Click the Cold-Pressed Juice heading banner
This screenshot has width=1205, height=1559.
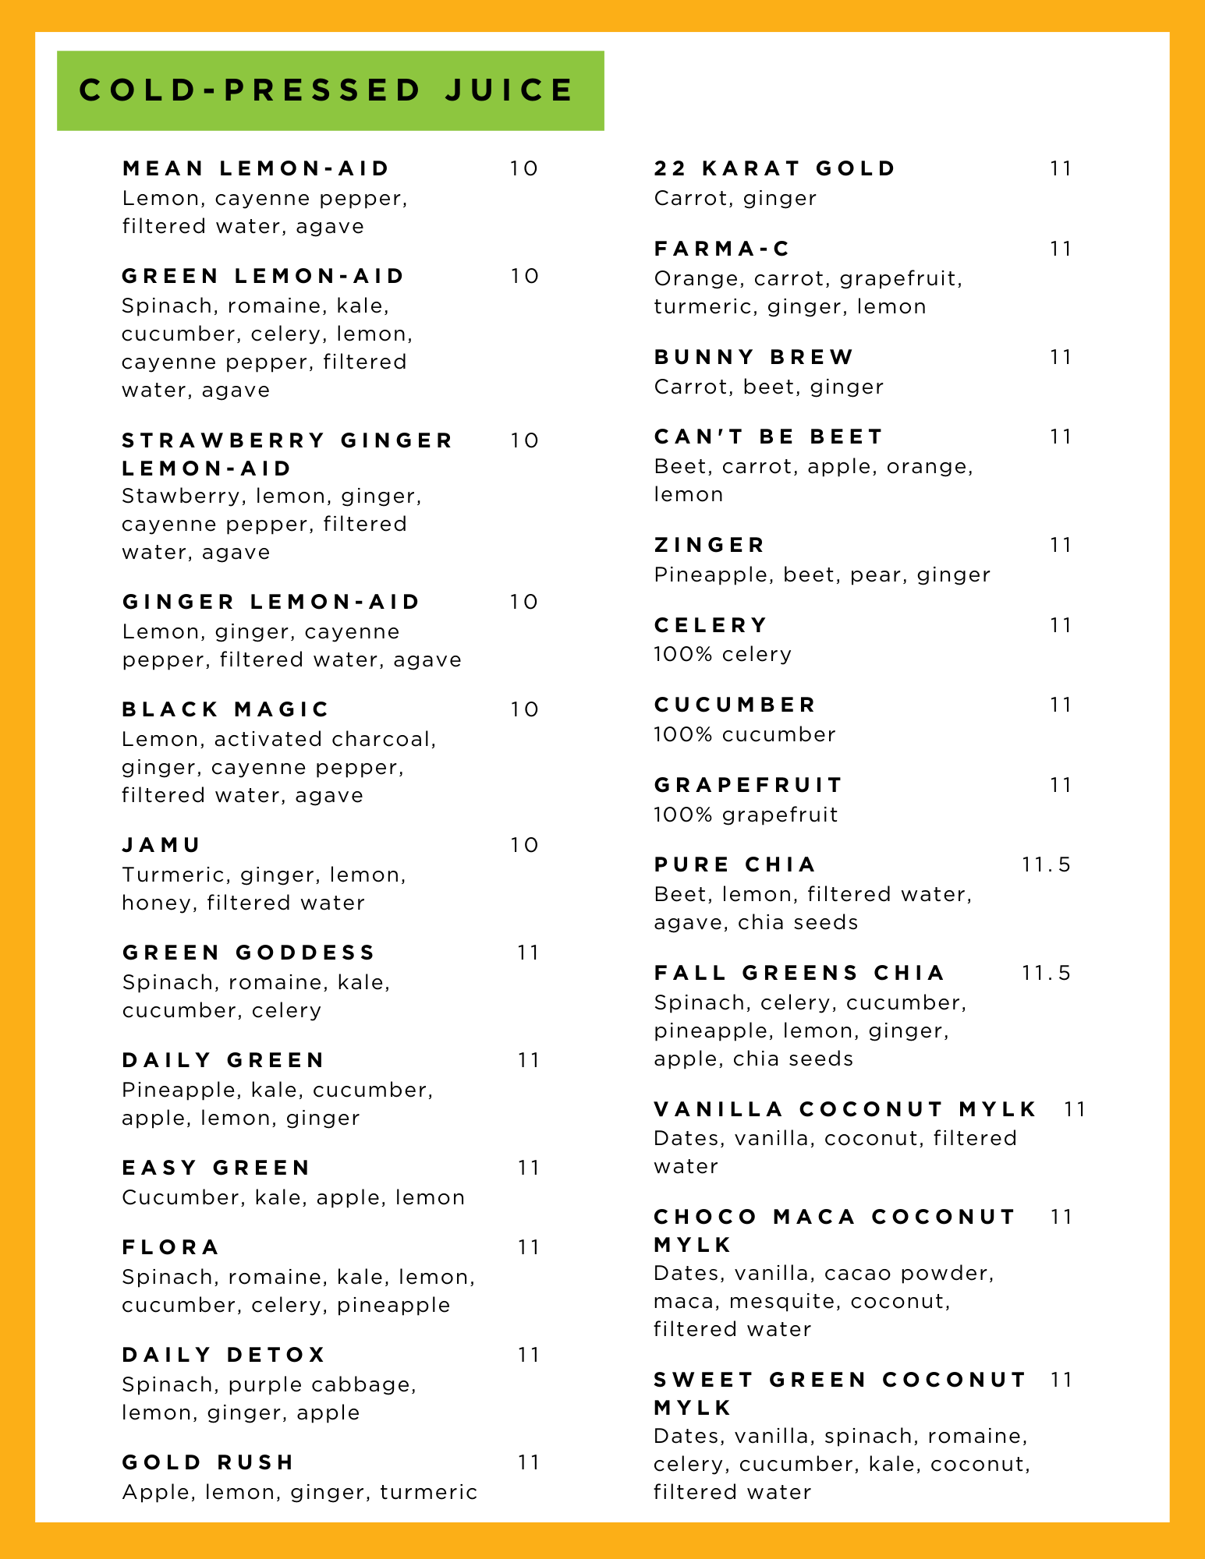coord(330,90)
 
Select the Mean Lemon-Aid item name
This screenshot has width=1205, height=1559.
coord(256,168)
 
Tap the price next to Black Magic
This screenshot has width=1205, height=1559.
coord(524,709)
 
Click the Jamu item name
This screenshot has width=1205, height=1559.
coord(161,845)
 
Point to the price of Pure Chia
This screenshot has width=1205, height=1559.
coord(1046,864)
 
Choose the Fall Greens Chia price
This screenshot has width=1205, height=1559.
coord(1046,973)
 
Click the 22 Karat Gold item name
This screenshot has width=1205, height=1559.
coord(774,168)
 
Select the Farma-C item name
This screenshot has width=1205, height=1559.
coord(722,249)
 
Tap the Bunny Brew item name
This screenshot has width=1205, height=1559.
coord(754,357)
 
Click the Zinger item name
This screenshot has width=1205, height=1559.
coord(710,545)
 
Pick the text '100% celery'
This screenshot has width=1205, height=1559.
coord(722,654)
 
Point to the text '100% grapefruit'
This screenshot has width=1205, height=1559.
coord(746,815)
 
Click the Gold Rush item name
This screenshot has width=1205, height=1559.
coord(208,1462)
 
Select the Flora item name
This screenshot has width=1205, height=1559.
coord(171,1247)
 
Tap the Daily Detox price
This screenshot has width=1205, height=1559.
coord(528,1355)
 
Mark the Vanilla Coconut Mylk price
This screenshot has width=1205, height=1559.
coord(1074,1109)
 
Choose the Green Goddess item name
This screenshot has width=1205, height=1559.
coord(249,953)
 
